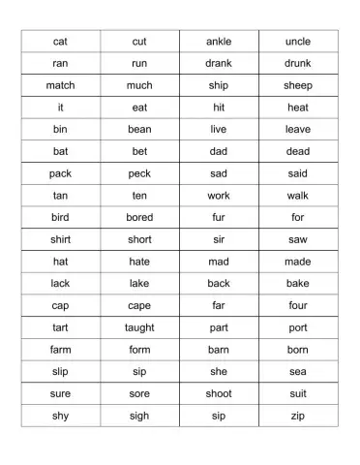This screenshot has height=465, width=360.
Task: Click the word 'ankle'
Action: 219,42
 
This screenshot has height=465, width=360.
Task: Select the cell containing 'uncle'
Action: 298,42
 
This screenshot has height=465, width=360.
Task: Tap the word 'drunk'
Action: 298,63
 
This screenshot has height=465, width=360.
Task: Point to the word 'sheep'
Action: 298,85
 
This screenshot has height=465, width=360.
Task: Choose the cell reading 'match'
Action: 60,85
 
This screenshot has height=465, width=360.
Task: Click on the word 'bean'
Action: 139,129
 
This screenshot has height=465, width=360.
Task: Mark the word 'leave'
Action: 298,129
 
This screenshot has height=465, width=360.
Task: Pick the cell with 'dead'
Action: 298,151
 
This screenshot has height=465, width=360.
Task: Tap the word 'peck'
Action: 139,173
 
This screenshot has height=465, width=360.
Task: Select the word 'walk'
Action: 298,196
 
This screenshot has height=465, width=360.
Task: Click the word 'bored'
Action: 139,217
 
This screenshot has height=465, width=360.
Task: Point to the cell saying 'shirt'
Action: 60,239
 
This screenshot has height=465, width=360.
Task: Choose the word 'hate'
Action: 139,262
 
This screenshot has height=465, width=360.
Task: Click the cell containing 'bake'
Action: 298,283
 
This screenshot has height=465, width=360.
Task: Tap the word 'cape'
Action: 139,305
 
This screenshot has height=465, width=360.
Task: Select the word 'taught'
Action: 139,327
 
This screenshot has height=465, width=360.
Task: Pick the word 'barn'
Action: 219,349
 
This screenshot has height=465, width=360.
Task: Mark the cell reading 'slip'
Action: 60,371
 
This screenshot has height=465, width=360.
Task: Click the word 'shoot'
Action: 219,393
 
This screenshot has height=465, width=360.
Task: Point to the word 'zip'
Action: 298,416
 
